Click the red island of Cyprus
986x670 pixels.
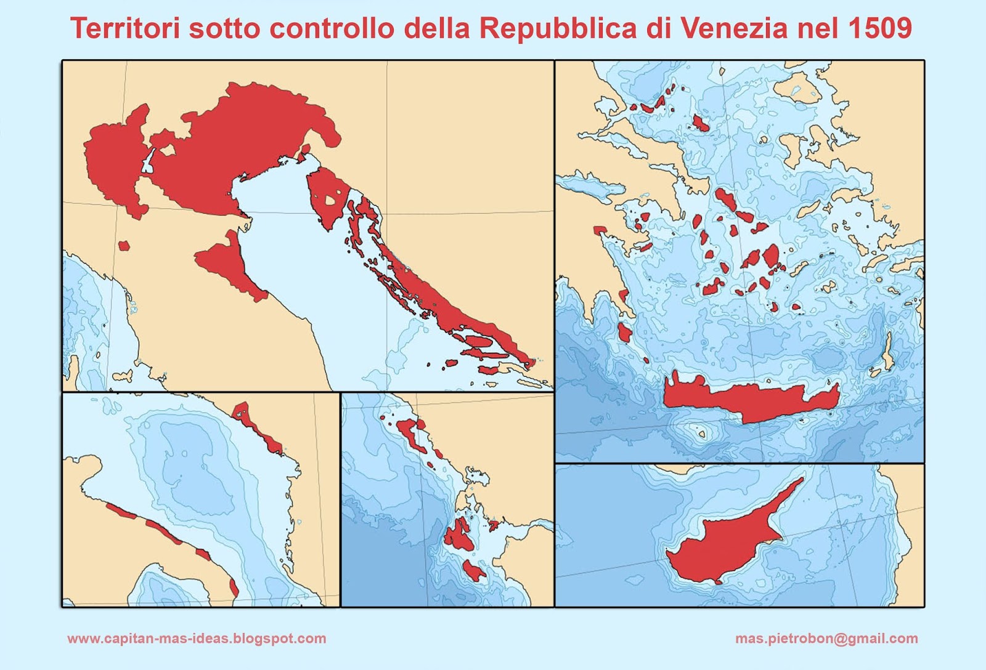tap(727, 542)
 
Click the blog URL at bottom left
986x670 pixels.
tap(197, 639)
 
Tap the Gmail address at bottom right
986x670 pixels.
tap(826, 639)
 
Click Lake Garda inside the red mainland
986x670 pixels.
tap(148, 161)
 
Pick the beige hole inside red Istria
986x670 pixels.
tap(331, 200)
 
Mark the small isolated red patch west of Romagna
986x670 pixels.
tap(124, 245)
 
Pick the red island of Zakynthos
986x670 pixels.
tap(475, 570)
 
